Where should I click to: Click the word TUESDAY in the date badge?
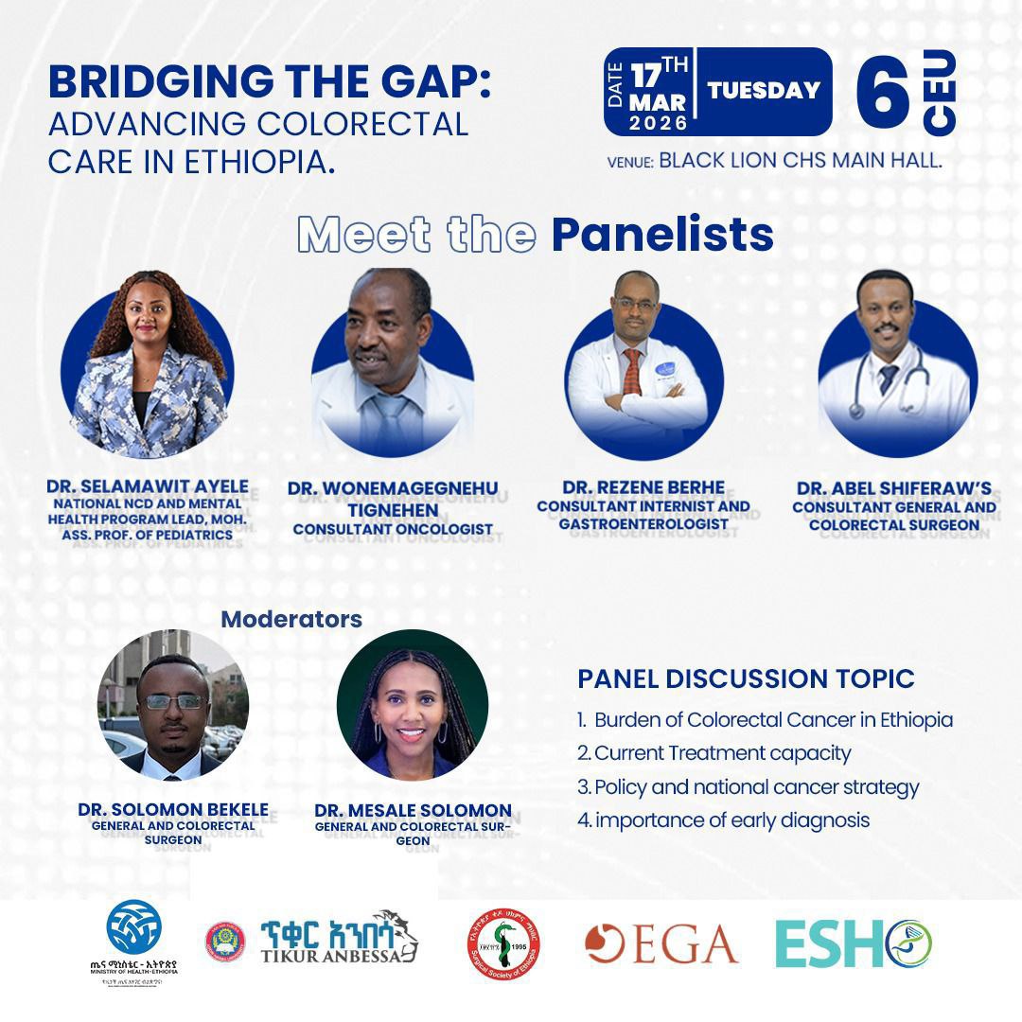click(764, 91)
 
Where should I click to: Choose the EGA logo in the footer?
click(661, 944)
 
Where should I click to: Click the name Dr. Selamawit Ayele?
click(139, 486)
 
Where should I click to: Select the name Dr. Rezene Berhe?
click(643, 487)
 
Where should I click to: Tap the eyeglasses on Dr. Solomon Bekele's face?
click(172, 701)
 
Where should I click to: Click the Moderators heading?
click(291, 619)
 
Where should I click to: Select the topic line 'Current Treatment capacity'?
click(714, 753)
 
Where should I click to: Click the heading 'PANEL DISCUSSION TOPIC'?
click(746, 678)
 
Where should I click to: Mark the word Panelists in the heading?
click(662, 236)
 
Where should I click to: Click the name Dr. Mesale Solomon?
click(413, 810)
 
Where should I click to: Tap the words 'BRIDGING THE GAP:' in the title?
click(271, 82)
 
